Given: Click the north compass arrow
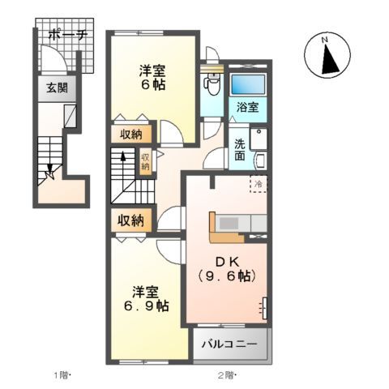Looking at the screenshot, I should (327, 57).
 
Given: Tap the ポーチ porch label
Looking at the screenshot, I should (62, 35).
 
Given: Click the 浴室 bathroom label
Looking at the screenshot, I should (246, 107).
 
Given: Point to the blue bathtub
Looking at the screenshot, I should (246, 84).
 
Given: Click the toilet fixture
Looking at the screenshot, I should (213, 82).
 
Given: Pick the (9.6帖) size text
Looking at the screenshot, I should (225, 276).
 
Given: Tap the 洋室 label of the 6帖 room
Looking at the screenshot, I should (153, 70).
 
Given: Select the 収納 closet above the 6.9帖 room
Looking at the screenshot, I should (130, 220).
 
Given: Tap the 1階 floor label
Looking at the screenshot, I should (62, 374).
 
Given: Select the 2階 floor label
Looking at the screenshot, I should (225, 374).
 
